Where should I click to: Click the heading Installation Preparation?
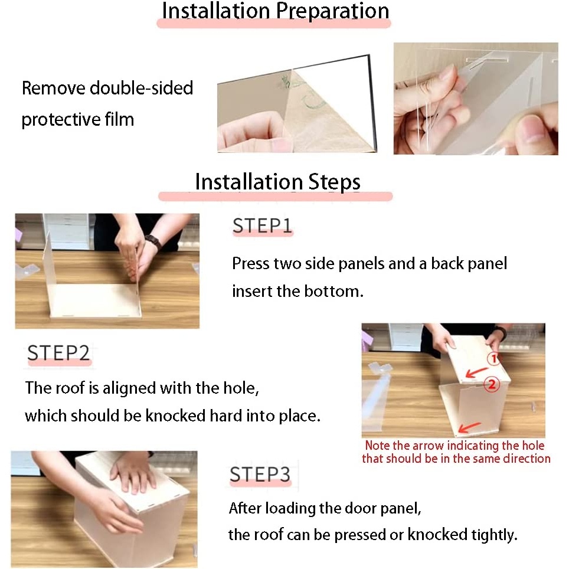point(276,11)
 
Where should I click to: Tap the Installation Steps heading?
point(277,181)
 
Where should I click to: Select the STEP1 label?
point(262,225)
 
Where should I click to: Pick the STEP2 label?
point(58,353)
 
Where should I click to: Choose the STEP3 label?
point(260,474)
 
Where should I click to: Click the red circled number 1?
point(493,358)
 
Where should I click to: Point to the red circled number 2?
point(492,384)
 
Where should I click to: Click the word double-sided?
point(141,88)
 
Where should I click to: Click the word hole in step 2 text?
point(241,388)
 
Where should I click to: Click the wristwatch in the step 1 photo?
point(153,241)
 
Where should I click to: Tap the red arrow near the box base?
point(470,427)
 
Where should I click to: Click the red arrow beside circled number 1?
point(476,372)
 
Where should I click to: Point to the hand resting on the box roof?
point(134,473)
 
